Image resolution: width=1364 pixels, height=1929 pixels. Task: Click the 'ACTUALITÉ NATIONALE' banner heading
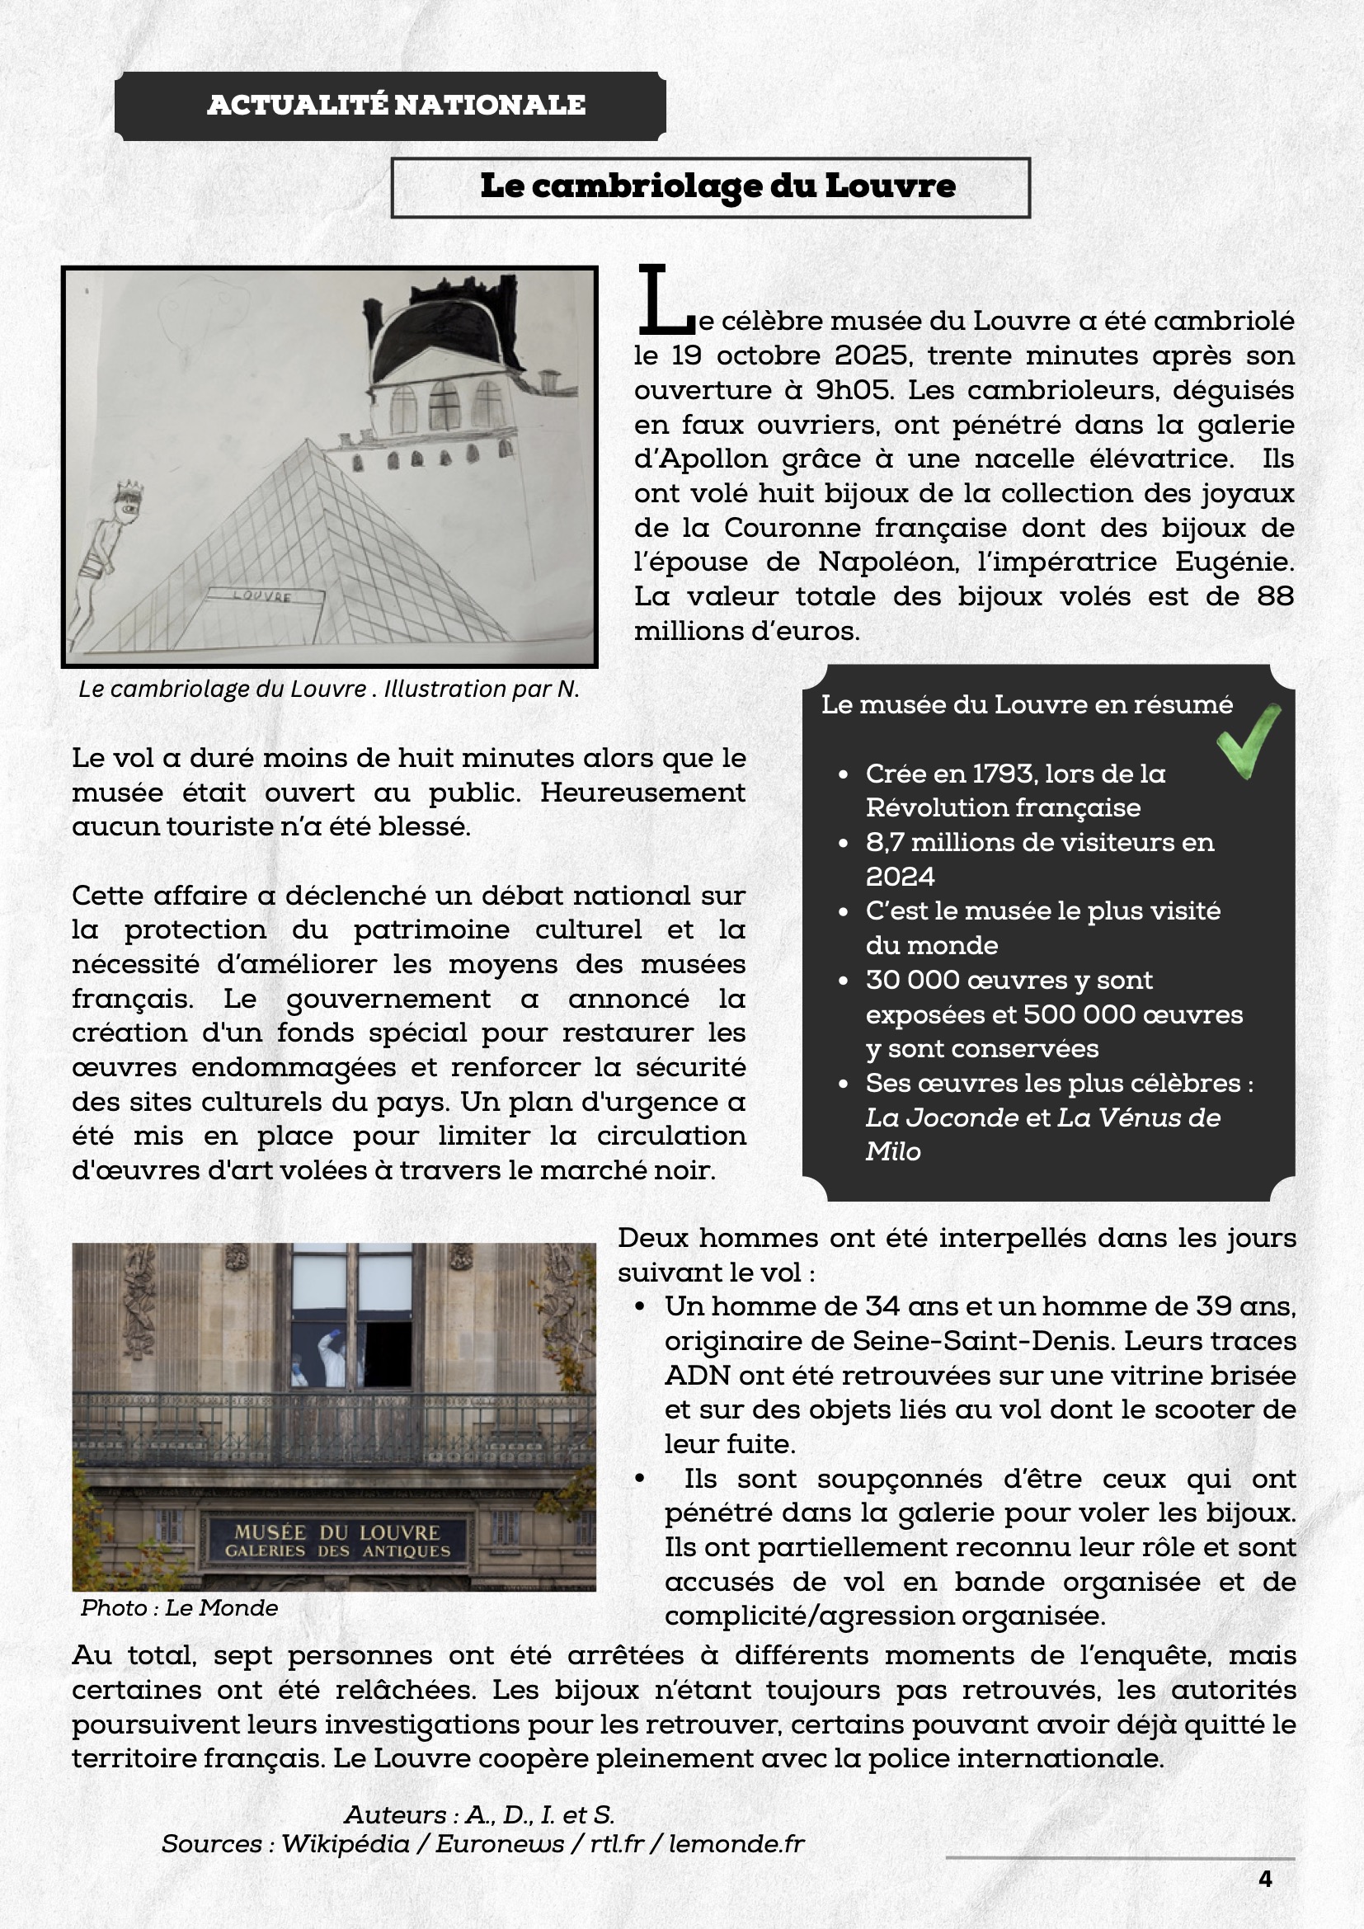coord(396,105)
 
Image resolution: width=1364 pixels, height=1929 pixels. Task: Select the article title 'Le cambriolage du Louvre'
coord(717,186)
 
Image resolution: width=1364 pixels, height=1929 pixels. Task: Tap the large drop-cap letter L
coord(664,299)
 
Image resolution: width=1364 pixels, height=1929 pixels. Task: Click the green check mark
coord(1249,740)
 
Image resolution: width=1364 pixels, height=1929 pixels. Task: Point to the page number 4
coord(1265,1879)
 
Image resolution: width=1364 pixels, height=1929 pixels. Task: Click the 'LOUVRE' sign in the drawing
coord(262,595)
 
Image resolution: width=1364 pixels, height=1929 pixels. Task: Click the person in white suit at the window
coord(332,1355)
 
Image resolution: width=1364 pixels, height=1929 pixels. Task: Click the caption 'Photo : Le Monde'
coord(179,1607)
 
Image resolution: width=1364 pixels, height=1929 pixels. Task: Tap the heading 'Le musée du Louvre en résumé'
coord(1027,704)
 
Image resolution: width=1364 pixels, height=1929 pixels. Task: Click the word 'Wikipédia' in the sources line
coord(346,1843)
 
